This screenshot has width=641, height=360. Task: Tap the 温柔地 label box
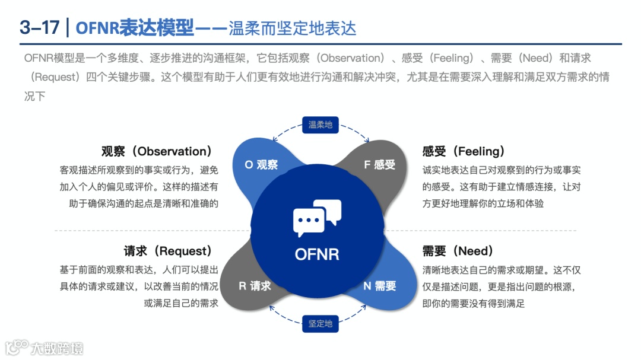(x=320, y=125)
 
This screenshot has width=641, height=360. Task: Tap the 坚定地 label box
(x=320, y=324)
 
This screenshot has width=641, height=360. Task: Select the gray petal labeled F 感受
(x=380, y=165)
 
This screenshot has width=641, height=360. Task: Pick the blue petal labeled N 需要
(x=380, y=286)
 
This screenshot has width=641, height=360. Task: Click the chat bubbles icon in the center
(x=318, y=218)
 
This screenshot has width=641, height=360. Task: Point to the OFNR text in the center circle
(x=318, y=254)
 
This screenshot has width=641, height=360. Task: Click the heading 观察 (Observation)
(x=157, y=152)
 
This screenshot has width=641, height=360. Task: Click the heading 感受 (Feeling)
(x=464, y=152)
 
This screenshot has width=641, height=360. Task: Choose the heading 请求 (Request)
(x=167, y=251)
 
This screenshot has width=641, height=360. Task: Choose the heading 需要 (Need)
(x=458, y=251)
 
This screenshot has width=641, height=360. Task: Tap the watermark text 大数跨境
(x=58, y=348)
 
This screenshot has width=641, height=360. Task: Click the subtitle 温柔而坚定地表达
(x=293, y=27)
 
